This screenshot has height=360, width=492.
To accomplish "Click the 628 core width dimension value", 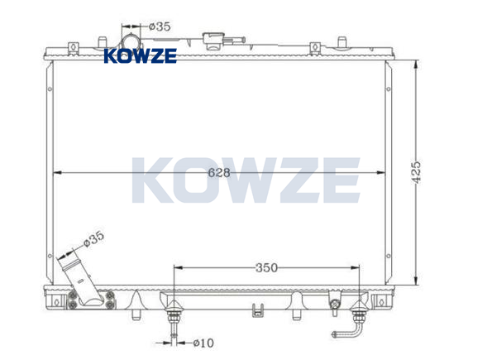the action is (x=219, y=172).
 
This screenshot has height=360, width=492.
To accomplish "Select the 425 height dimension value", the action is (x=417, y=172).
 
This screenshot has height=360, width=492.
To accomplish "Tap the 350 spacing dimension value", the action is (x=266, y=267).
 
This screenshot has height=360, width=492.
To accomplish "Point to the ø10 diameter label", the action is (x=203, y=343).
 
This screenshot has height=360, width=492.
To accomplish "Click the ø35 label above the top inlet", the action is (x=160, y=26).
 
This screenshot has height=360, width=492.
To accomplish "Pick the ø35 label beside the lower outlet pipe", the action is (x=93, y=239).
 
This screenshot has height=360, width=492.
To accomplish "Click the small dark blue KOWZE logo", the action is (x=141, y=56).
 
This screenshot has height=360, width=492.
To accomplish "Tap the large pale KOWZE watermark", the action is (x=246, y=180).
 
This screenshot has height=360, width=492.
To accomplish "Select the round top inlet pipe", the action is (x=131, y=41).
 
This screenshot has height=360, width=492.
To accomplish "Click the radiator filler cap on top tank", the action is (x=213, y=41).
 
